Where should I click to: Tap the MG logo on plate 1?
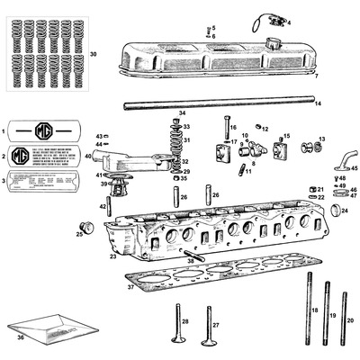[42, 130]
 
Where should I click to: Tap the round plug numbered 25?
[88, 225]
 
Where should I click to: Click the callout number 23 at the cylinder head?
[112, 256]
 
